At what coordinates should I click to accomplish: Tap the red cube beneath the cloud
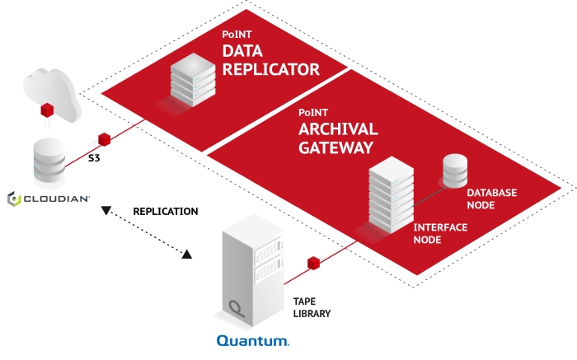[48, 110]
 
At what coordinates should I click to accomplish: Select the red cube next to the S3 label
[104, 139]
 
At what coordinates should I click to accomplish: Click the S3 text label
[96, 156]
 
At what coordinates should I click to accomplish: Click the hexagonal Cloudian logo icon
[13, 199]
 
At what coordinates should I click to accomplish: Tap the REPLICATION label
[165, 212]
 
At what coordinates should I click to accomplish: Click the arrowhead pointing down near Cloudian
[106, 213]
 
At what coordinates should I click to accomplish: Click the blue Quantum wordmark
[252, 339]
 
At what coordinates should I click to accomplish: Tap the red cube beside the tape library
[313, 264]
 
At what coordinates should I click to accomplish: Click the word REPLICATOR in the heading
[270, 70]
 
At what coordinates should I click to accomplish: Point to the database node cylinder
[456, 171]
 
